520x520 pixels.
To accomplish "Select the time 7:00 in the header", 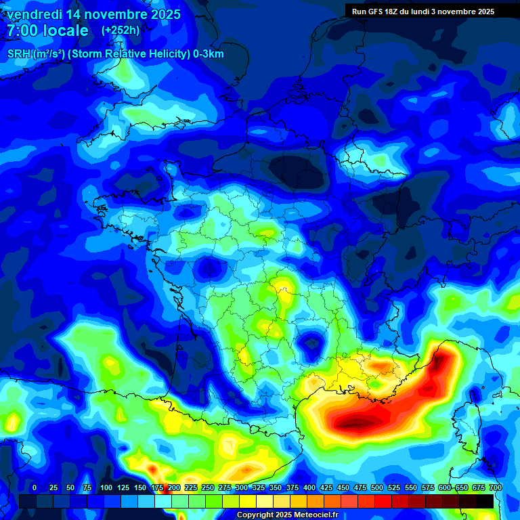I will click(22, 30).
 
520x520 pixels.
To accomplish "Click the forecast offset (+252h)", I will click(121, 30).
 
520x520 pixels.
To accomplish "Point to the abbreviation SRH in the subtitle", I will click(19, 54).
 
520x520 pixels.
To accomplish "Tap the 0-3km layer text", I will click(209, 54).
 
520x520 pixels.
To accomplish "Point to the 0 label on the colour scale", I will click(35, 487).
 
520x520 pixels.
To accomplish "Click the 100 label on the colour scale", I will click(106, 487).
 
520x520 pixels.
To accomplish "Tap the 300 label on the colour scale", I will click(242, 487).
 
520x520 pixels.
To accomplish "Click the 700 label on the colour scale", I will click(495, 487).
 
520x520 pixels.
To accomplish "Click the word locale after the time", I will click(66, 30).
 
